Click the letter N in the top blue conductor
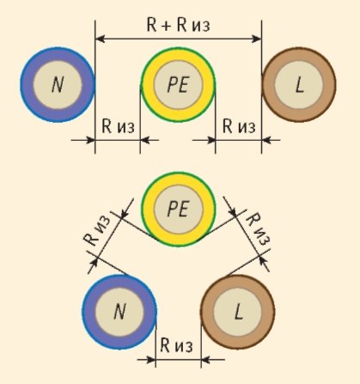[58, 85]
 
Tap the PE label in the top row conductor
[178, 85]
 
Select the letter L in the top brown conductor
[299, 85]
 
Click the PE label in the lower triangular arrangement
[178, 209]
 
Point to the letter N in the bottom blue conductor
[119, 312]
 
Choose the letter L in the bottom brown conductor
[238, 312]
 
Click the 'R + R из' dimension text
[178, 25]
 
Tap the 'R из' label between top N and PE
[118, 126]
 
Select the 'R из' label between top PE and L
[239, 126]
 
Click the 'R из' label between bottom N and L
[176, 345]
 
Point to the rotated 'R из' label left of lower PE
[96, 231]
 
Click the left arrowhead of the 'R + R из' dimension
[100, 39]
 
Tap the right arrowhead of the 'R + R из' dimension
[257, 39]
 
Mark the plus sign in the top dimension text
[166, 25]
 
